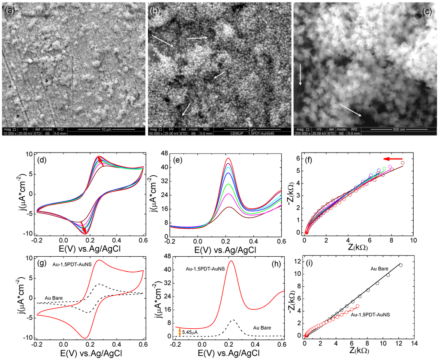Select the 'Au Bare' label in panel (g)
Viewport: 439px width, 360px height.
tap(54, 297)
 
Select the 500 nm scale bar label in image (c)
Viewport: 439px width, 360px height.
tap(389, 129)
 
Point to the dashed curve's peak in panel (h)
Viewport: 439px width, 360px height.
tap(233, 320)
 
